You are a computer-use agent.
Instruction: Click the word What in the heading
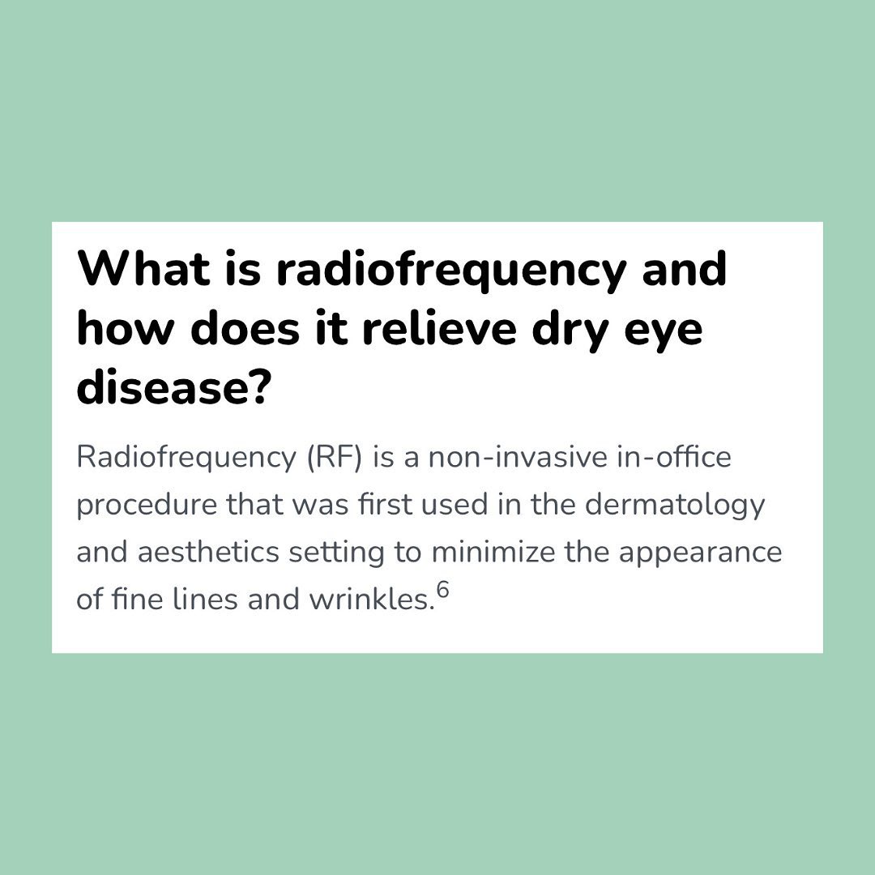[x=143, y=268]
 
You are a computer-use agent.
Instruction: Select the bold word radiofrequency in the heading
[x=451, y=271]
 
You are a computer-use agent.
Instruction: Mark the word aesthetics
[x=208, y=553]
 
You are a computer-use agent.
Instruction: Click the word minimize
[x=493, y=553]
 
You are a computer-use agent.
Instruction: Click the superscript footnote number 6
[x=442, y=589]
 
